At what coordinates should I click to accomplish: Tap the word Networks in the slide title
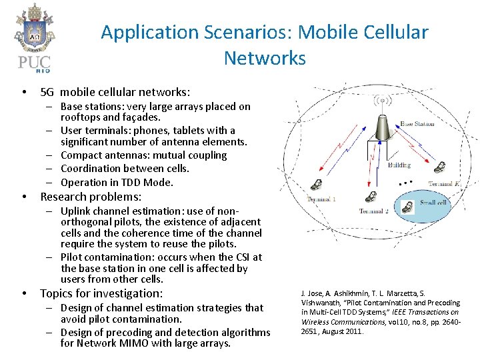(x=265, y=58)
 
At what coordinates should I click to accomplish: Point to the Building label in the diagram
(x=399, y=165)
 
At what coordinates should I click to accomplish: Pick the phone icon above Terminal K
(x=440, y=166)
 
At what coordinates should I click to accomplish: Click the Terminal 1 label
(x=321, y=199)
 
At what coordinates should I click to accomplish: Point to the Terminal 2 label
(x=373, y=211)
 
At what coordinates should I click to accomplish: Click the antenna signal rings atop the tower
(x=382, y=101)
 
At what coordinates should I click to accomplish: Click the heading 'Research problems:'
(x=91, y=197)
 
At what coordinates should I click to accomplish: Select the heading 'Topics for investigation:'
(x=101, y=293)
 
